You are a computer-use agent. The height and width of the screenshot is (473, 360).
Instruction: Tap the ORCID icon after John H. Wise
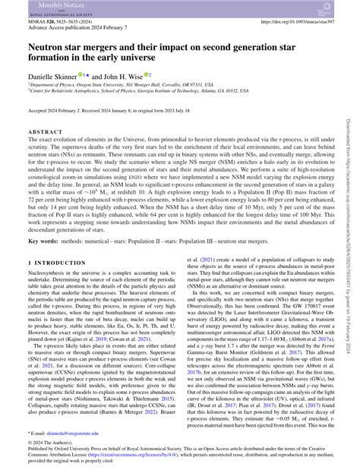pos(149,74)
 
